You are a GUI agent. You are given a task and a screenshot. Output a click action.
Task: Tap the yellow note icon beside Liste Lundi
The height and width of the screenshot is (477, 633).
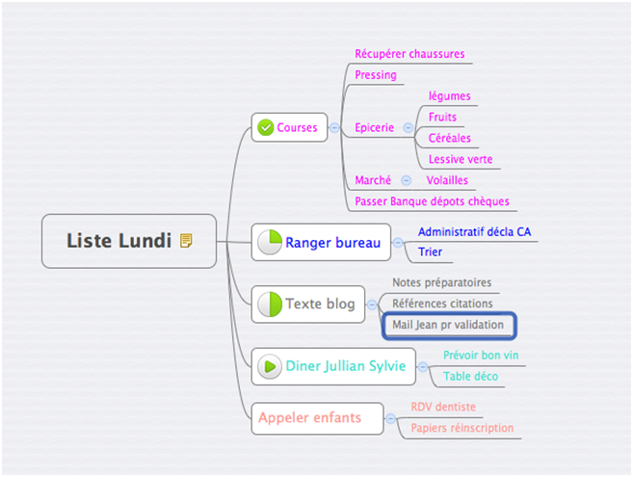pyautogui.click(x=186, y=241)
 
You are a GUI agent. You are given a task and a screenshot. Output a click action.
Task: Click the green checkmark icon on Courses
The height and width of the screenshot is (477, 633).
pyautogui.click(x=265, y=127)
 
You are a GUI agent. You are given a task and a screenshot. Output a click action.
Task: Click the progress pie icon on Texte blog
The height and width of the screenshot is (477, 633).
pyautogui.click(x=269, y=305)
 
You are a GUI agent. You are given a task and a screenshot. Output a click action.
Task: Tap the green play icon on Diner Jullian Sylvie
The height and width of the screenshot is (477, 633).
pyautogui.click(x=269, y=366)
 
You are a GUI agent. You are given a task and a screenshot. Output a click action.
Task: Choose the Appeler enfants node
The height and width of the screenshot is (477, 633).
pyautogui.click(x=309, y=417)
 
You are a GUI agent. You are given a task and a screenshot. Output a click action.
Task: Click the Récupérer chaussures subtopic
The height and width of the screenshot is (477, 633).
pyautogui.click(x=409, y=54)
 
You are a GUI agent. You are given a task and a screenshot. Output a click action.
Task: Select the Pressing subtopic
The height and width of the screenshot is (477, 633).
pyautogui.click(x=375, y=75)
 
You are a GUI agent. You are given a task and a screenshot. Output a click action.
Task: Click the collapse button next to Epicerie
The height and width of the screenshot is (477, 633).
pyautogui.click(x=408, y=127)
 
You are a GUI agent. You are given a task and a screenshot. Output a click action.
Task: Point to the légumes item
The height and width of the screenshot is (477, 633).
pyautogui.click(x=449, y=96)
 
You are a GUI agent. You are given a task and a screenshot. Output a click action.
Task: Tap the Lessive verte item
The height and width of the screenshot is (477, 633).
pyautogui.click(x=461, y=160)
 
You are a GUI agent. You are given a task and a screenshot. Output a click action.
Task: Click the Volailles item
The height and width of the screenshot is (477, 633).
pyautogui.click(x=447, y=180)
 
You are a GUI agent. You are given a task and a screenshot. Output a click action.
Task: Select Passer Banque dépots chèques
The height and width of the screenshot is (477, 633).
pyautogui.click(x=431, y=201)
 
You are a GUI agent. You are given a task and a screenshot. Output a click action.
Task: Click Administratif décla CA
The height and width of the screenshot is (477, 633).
pyautogui.click(x=473, y=232)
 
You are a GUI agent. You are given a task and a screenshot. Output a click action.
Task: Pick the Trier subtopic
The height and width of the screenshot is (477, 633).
pyautogui.click(x=430, y=252)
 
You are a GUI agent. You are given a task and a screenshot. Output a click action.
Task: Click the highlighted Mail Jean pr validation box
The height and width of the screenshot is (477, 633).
pyautogui.click(x=448, y=325)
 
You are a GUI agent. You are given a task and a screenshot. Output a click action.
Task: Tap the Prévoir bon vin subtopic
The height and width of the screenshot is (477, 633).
pyautogui.click(x=481, y=356)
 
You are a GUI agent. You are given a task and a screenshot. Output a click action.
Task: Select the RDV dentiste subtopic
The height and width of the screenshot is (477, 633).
pyautogui.click(x=442, y=407)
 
